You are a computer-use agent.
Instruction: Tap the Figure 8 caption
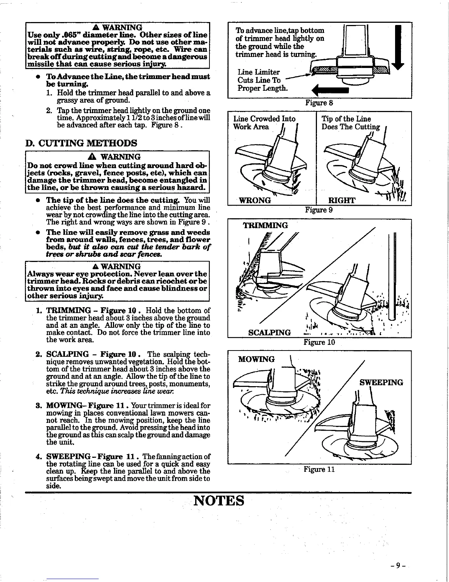pyautogui.click(x=319, y=103)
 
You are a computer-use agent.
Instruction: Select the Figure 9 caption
pyautogui.click(x=319, y=210)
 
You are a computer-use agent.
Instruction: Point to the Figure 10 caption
pyautogui.click(x=319, y=342)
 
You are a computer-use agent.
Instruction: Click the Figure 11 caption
pyautogui.click(x=319, y=469)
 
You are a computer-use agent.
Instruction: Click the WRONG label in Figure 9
pyautogui.click(x=255, y=200)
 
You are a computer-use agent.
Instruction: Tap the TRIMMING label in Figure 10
pyautogui.click(x=266, y=225)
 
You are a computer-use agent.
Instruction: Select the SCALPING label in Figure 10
pyautogui.click(x=270, y=333)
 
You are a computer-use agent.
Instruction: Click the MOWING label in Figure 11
pyautogui.click(x=256, y=359)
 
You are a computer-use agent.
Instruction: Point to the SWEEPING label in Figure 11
pyautogui.click(x=381, y=382)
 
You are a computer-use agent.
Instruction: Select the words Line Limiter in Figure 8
pyautogui.click(x=259, y=72)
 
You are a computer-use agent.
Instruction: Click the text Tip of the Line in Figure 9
pyautogui.click(x=346, y=119)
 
